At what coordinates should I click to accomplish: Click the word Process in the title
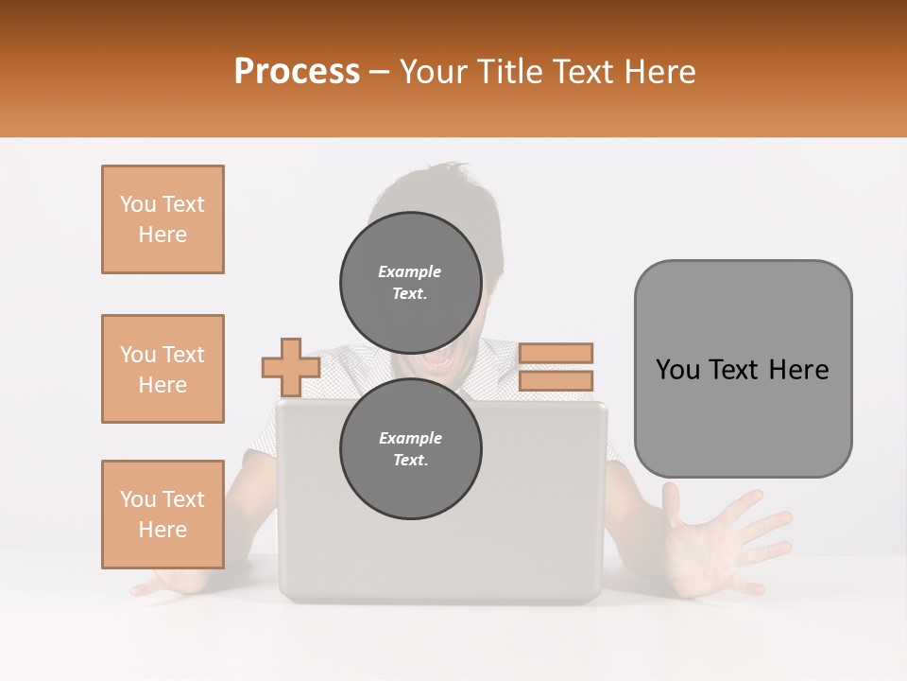coord(297,72)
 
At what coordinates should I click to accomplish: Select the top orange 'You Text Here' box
coord(163,219)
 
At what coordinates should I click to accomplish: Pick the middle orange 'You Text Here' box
coord(163,369)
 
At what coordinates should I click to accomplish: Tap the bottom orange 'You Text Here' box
coord(163,515)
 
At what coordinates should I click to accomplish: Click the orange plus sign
coord(291,367)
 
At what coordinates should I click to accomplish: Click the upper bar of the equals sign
coord(556,353)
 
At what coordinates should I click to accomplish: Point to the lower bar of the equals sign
coord(556,380)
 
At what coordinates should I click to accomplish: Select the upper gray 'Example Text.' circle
coord(410,282)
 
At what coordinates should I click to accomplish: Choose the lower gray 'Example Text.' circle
coord(410,448)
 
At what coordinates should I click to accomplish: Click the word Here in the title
coord(661,72)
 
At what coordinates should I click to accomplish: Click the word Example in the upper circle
coord(409,271)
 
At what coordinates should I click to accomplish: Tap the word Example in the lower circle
coord(410,438)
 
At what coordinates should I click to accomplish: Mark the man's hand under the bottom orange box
coord(170,582)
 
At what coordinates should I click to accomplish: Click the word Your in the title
coord(434,72)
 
